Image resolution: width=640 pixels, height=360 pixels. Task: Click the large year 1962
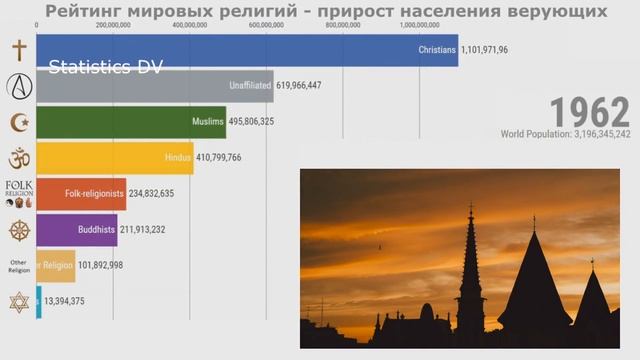[x=589, y=113]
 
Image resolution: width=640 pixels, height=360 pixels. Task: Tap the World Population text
[x=565, y=134]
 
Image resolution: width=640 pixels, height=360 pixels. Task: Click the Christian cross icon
[x=18, y=51]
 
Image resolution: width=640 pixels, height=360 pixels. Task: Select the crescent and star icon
[x=18, y=122]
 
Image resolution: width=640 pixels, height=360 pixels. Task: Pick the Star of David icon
[x=18, y=301]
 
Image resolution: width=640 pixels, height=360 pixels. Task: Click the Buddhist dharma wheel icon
[x=18, y=230]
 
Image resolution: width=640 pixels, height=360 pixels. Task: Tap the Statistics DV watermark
[x=106, y=67]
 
